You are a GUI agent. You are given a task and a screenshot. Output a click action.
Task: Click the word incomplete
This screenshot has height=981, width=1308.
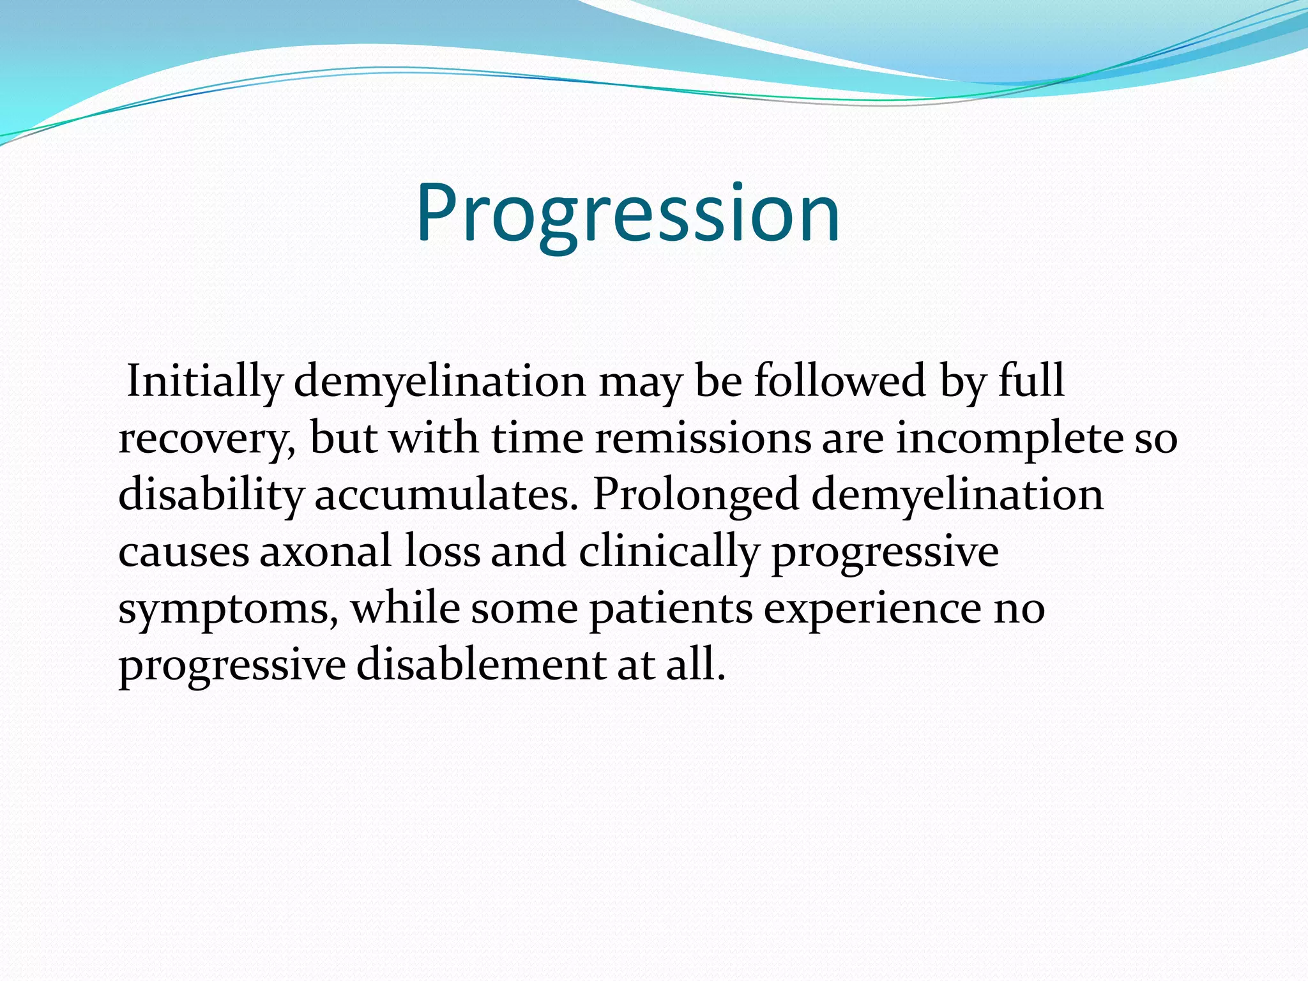pyautogui.click(x=1010, y=439)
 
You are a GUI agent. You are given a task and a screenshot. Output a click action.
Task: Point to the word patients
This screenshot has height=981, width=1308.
pyautogui.click(x=671, y=609)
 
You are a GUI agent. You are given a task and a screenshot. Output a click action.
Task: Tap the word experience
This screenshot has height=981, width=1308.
pyautogui.click(x=872, y=609)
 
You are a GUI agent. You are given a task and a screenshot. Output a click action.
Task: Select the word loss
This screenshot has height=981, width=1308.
pyautogui.click(x=442, y=552)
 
